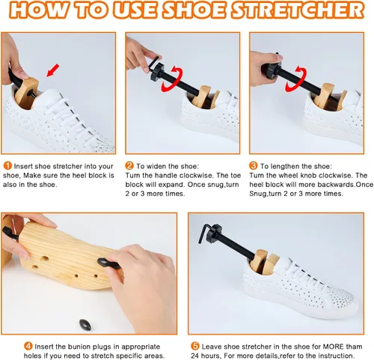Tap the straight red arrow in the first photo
tap(53, 70)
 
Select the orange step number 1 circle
tap(7, 165)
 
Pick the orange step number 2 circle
tap(129, 165)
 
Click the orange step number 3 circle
tap(253, 165)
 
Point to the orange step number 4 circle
tap(28, 346)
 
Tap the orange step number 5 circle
tap(195, 346)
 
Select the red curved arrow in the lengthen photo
tap(296, 79)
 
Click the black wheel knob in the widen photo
tap(157, 71)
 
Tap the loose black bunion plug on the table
tap(85, 325)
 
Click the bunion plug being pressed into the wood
tap(108, 263)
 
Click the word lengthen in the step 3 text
tap(285, 166)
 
